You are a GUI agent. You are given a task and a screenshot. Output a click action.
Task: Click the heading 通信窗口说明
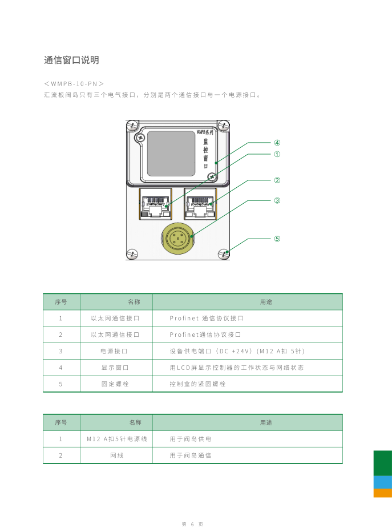coord(71,60)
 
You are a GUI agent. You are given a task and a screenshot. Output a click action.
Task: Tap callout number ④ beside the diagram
coord(277,143)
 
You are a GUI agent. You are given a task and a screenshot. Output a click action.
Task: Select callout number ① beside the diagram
coord(277,154)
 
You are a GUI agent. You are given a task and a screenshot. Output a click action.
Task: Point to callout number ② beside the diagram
coord(277,180)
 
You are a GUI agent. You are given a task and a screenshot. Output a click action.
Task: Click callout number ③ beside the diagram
coord(277,200)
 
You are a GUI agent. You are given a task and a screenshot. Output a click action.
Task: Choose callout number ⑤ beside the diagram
coord(277,239)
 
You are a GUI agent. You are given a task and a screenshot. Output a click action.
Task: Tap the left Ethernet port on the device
coord(156,204)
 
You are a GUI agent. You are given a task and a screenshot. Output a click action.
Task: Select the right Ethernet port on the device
coord(200,204)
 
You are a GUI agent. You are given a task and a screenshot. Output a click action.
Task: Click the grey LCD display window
coord(171,153)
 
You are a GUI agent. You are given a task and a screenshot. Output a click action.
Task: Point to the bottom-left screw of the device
coord(132,253)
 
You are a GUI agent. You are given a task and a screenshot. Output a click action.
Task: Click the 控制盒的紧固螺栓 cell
coord(197,384)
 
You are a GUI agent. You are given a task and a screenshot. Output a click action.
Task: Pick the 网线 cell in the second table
coord(116,456)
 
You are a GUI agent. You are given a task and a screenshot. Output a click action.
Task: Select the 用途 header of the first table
coord(266,302)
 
